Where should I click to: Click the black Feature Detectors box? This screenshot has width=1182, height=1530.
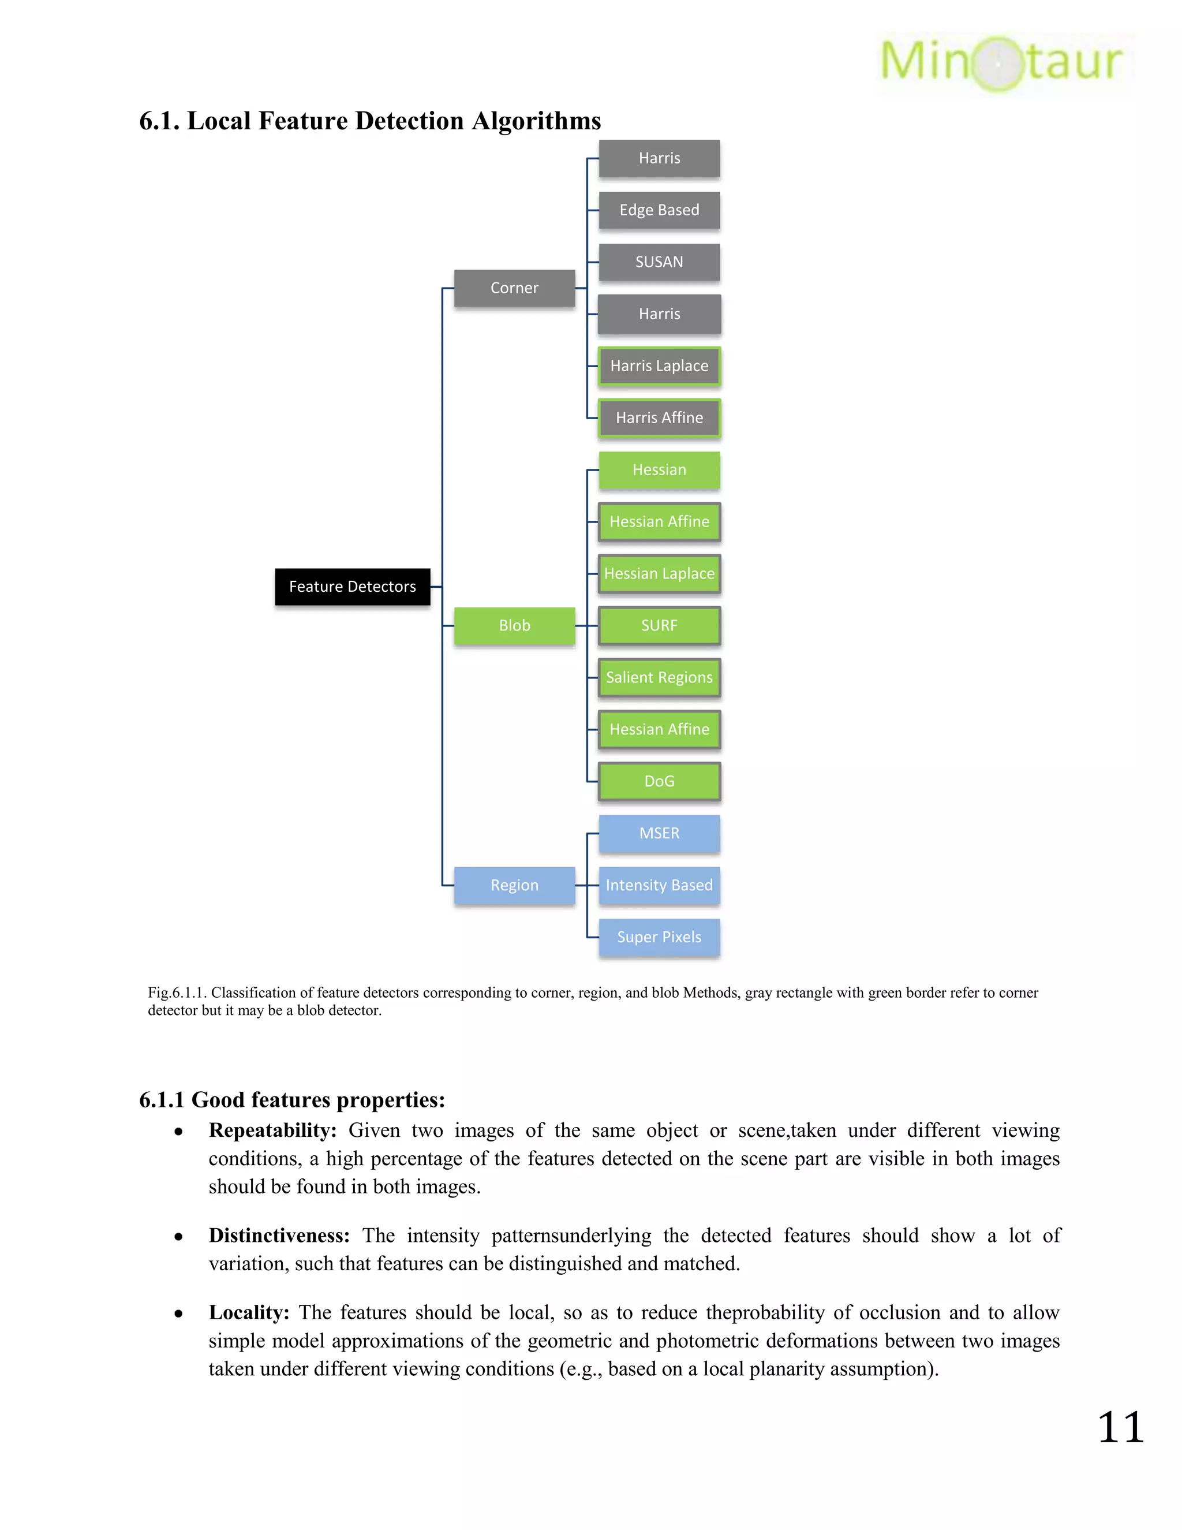tap(352, 587)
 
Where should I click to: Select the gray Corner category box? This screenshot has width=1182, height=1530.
tap(515, 288)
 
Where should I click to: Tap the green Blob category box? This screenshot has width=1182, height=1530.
tap(515, 626)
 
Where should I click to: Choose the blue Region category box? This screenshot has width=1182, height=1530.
tap(515, 886)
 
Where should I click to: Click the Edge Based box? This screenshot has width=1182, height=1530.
tap(659, 210)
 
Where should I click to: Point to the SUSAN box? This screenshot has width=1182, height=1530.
tap(659, 262)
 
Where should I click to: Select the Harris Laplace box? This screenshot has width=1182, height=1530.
tap(659, 365)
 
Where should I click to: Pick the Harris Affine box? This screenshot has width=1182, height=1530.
tap(659, 418)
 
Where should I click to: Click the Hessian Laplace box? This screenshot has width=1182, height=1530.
tap(659, 574)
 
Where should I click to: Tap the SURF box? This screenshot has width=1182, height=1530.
tap(659, 626)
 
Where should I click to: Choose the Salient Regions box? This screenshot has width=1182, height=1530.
tap(659, 677)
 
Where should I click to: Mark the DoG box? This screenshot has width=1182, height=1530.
tap(659, 781)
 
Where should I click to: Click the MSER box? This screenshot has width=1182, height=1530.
tap(659, 834)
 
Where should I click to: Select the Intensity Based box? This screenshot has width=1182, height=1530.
tap(659, 886)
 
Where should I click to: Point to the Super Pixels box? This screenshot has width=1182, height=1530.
tap(659, 937)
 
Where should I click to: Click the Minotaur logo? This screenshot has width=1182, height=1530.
tap(1001, 63)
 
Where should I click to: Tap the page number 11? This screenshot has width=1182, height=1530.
tap(1120, 1428)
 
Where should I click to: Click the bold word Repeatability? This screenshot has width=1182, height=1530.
tap(272, 1130)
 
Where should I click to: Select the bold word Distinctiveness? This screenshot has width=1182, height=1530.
tap(279, 1236)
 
